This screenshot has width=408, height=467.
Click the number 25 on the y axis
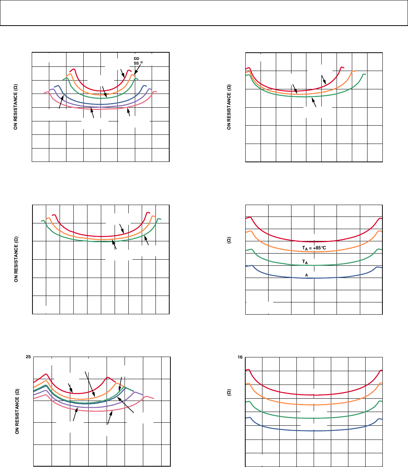(x=28, y=357)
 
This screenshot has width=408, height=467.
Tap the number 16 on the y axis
(x=240, y=357)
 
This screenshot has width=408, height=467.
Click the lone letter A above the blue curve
(x=306, y=275)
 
